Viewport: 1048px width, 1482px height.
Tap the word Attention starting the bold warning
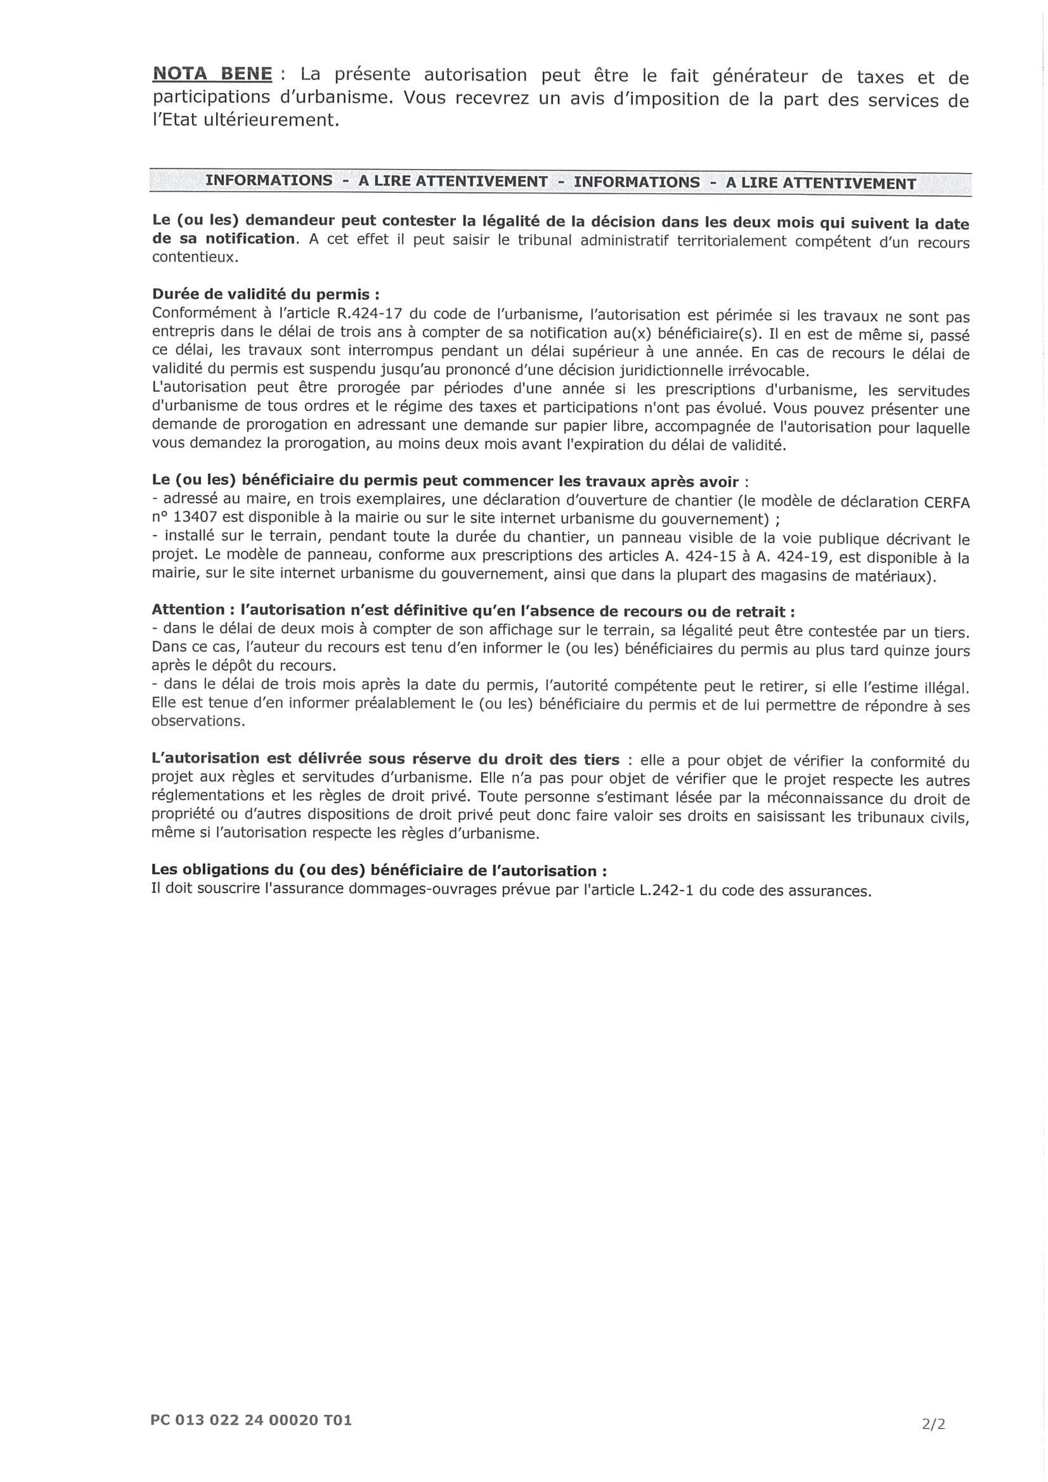click(188, 610)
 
